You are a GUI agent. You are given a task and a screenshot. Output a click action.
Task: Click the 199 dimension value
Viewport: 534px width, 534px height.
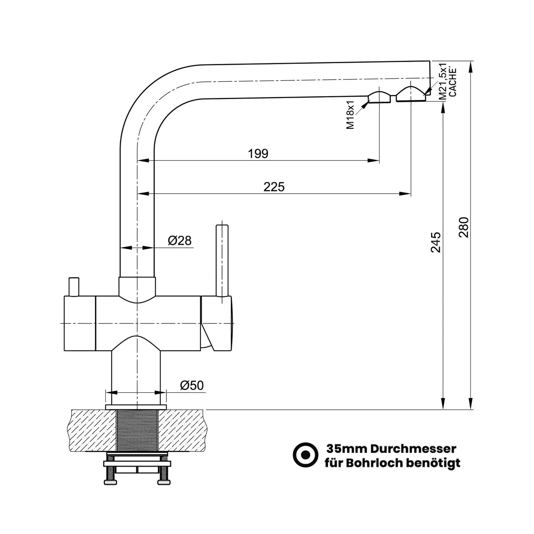[258, 154]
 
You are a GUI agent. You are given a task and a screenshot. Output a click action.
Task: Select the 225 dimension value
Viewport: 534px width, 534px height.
[274, 187]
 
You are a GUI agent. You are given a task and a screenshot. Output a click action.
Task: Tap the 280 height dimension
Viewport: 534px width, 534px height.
[464, 227]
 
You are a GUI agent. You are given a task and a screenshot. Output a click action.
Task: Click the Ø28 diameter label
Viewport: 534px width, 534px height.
[180, 241]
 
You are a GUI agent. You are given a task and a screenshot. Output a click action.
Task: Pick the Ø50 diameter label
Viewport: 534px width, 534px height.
[192, 385]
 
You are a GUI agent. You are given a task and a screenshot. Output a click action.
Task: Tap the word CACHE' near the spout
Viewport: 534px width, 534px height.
[453, 82]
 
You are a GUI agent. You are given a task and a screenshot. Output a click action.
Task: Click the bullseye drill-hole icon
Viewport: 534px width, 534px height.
[305, 455]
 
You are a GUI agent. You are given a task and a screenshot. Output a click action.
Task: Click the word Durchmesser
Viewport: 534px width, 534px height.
[413, 449]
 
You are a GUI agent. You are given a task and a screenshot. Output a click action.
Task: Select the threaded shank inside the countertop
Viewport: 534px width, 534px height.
[137, 430]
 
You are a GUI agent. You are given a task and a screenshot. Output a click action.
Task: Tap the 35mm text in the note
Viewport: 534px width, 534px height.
[347, 449]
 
